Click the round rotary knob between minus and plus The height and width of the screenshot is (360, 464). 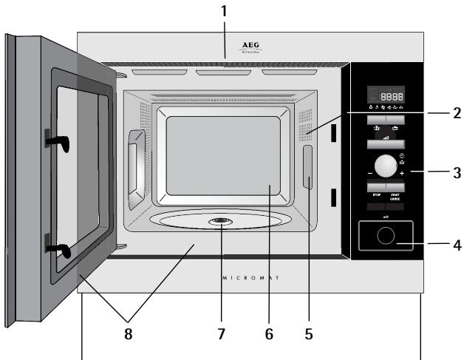384,165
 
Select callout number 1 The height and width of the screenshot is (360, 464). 225,11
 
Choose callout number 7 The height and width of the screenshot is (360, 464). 220,333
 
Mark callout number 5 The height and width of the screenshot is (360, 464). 309,333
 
